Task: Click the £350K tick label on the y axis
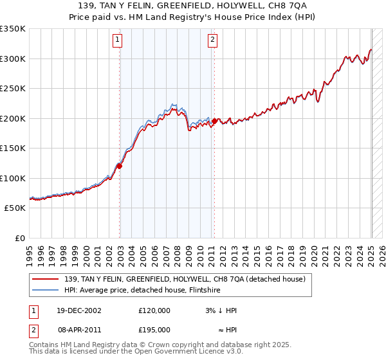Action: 13,29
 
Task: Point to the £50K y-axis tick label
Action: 15,208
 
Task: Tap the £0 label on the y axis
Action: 20,238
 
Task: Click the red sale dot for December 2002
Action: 120,166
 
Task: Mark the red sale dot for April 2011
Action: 214,121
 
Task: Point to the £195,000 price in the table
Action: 154,329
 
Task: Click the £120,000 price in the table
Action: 154,310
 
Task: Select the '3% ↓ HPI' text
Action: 219,310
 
